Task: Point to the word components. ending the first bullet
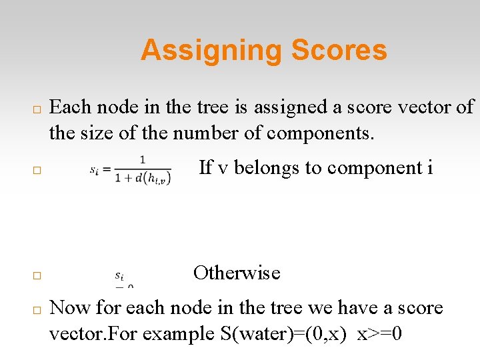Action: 321,133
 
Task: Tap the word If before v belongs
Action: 206,168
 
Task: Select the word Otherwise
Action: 237,273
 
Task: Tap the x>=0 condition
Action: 379,334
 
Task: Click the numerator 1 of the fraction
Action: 143,159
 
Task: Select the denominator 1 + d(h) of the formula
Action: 143,177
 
